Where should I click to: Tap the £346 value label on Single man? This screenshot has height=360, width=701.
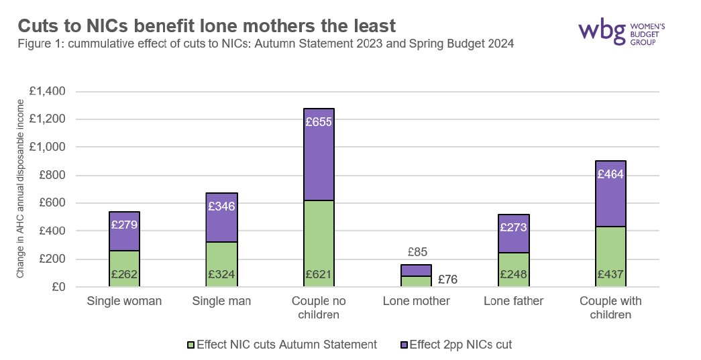[221, 206]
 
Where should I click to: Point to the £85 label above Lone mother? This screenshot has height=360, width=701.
[419, 253]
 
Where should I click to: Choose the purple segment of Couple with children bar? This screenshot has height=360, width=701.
[610, 201]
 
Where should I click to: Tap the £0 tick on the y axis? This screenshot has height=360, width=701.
[64, 287]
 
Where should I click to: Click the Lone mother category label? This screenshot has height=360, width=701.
[416, 302]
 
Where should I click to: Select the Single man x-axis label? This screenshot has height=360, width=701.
[221, 302]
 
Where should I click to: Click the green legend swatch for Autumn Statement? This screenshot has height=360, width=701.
[190, 345]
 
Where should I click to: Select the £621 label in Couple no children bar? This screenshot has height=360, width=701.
[319, 275]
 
